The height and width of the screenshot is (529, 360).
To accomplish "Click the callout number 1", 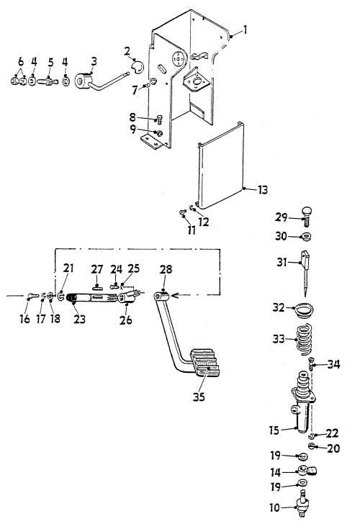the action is click(x=245, y=30).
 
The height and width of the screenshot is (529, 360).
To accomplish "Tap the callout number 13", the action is click(x=263, y=190).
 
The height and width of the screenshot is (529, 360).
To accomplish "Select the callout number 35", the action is click(x=199, y=397).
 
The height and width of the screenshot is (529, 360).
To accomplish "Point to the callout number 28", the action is click(x=166, y=269).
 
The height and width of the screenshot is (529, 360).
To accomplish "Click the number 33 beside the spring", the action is click(x=279, y=339).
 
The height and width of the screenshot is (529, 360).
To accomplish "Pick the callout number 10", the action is click(x=274, y=507).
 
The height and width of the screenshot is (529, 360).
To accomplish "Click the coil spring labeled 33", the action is click(x=305, y=339).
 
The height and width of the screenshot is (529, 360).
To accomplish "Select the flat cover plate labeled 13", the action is click(x=220, y=166).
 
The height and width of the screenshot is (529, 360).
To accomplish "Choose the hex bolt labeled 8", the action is click(x=158, y=119).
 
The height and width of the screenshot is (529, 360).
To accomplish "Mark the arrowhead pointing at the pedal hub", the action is click(x=174, y=296).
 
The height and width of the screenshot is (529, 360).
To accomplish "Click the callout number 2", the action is click(x=127, y=52).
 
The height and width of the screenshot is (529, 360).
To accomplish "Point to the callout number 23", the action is click(x=80, y=319).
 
